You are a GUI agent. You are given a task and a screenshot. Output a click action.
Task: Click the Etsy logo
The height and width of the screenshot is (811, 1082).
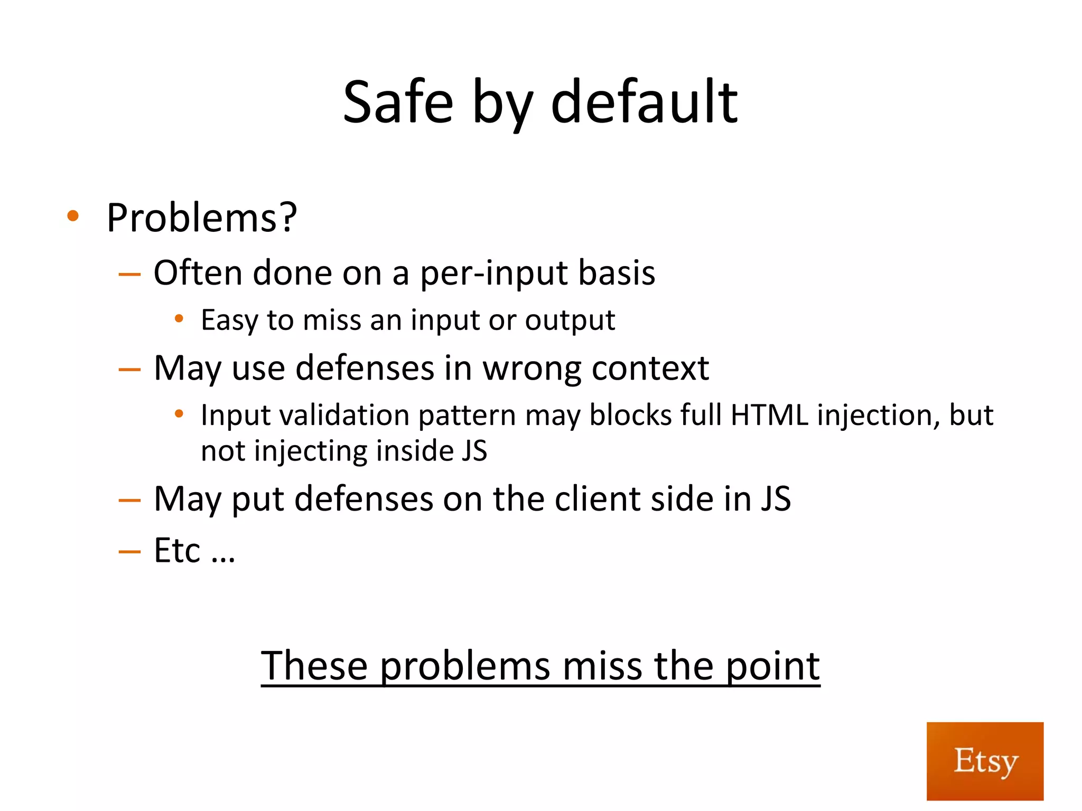pos(985,761)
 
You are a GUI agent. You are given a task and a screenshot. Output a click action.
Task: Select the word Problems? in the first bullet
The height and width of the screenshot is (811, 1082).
pos(202,218)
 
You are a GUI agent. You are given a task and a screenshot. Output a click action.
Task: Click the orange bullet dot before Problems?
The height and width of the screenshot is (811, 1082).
pos(73,215)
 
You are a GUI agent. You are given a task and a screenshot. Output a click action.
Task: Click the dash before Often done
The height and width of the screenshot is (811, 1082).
pos(129,274)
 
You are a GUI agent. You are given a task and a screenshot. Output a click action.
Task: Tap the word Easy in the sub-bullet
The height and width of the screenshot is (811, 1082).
pos(229,320)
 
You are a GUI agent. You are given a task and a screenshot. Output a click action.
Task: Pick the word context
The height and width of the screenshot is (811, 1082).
pos(650,368)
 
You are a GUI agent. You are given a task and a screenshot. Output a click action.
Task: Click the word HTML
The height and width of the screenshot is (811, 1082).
pos(769,415)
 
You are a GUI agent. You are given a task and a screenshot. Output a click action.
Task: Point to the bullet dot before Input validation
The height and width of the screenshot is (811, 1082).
pos(179,414)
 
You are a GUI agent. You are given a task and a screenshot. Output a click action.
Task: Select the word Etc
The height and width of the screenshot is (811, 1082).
pos(177,551)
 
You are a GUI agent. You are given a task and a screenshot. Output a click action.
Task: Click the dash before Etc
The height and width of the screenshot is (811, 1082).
pos(129,552)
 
